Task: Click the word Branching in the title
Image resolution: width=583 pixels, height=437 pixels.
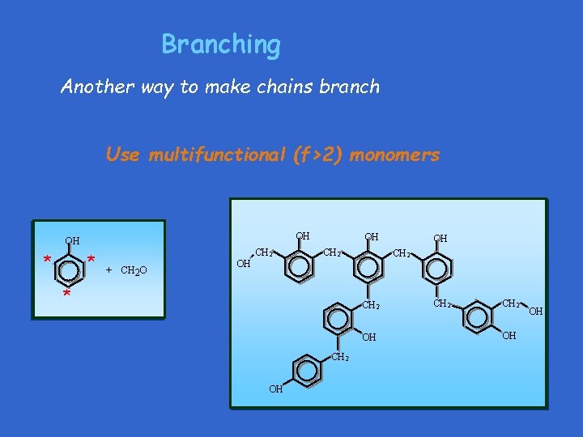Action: coord(220,45)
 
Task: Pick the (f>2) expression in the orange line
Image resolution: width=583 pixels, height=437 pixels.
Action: coord(321,155)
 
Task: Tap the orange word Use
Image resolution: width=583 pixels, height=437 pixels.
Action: coord(122,155)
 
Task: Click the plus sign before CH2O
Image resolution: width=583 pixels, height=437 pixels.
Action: coord(109,269)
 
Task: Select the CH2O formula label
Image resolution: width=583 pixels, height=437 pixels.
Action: coord(133,269)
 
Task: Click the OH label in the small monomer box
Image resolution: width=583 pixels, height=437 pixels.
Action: coord(72,240)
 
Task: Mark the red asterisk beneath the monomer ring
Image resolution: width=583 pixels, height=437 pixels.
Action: coord(66,295)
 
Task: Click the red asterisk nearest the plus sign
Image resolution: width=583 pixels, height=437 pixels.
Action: coord(91,260)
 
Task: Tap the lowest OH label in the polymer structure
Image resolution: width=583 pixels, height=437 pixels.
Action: coord(276,389)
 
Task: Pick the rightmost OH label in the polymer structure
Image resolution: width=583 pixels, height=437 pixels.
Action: coord(535,311)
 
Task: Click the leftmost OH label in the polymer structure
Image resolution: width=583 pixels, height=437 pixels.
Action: coord(243,264)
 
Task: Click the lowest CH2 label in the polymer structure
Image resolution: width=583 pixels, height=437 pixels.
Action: coord(341,357)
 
